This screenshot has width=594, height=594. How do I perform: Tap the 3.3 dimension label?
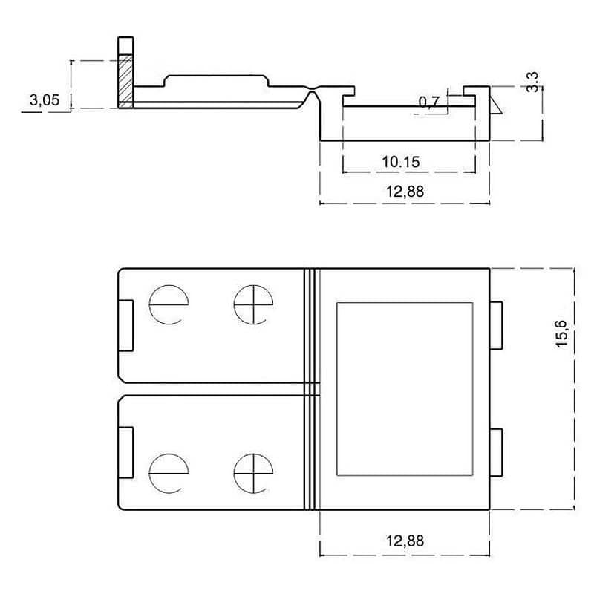pyautogui.click(x=532, y=81)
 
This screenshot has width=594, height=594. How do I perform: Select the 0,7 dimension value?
pyautogui.click(x=429, y=102)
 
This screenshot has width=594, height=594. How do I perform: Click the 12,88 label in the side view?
pyautogui.click(x=405, y=191)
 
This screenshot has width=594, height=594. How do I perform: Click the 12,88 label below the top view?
pyautogui.click(x=405, y=541)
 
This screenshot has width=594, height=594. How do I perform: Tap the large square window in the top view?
pyautogui.click(x=405, y=388)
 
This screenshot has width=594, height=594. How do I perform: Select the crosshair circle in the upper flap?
pyautogui.click(x=252, y=304)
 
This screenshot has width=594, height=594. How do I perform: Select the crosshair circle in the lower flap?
pyautogui.click(x=252, y=473)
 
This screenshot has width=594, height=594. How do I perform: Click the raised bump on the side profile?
pyautogui.click(x=215, y=80)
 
